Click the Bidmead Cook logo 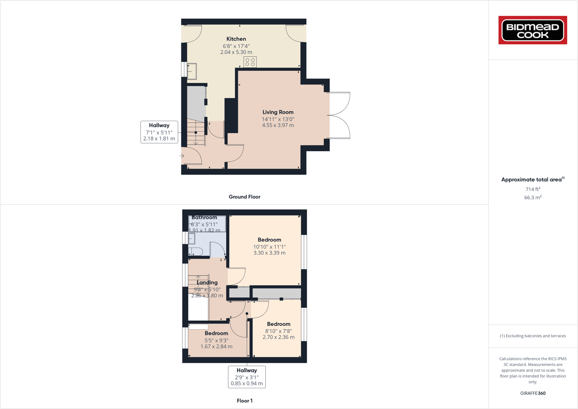coord(533,30)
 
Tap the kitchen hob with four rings coord(250,62)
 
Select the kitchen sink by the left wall coord(192,72)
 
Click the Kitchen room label coord(236,39)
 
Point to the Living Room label coord(278,112)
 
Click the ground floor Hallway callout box coord(159,132)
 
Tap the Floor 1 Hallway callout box coord(246,377)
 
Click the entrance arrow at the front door coord(182,156)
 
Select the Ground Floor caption coord(244,197)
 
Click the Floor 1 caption coord(245,401)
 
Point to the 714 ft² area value coord(533,189)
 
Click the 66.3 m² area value coord(533,197)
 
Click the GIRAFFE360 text coord(533,393)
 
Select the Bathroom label coord(204,218)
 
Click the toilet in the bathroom coord(196,251)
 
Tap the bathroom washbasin coord(191,238)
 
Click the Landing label coord(207,283)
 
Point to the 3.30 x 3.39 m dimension coord(269,253)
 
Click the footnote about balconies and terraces coord(533,336)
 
